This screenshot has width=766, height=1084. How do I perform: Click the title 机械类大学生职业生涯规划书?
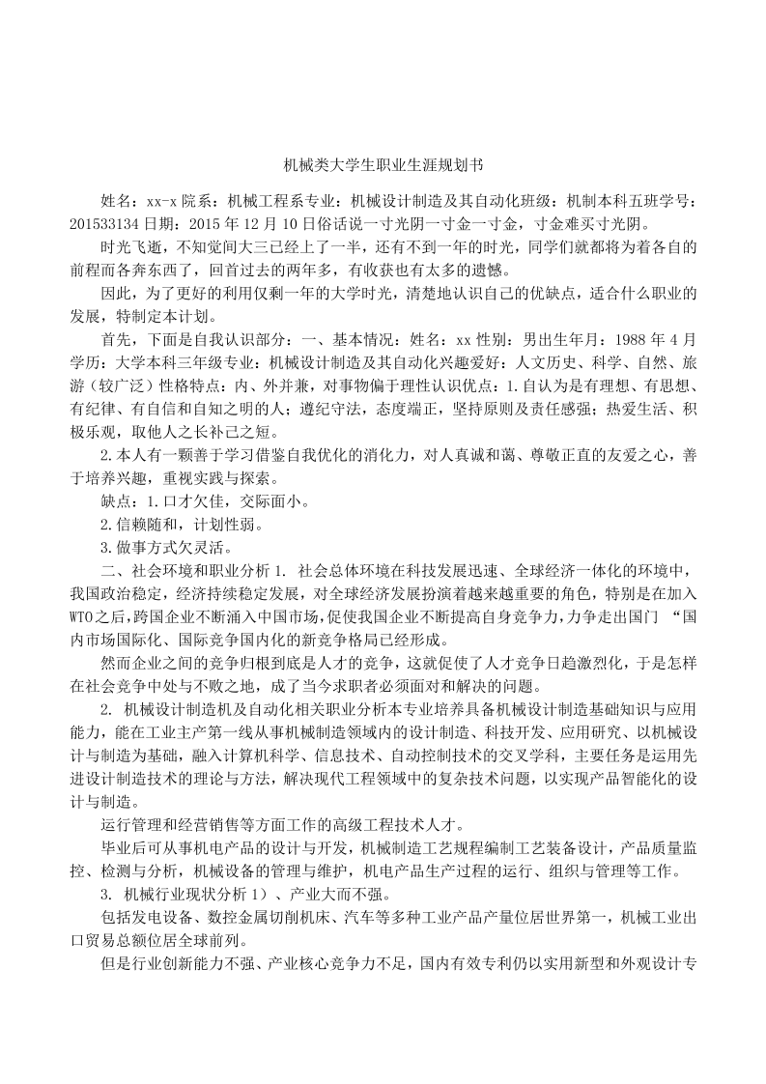tap(383, 166)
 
